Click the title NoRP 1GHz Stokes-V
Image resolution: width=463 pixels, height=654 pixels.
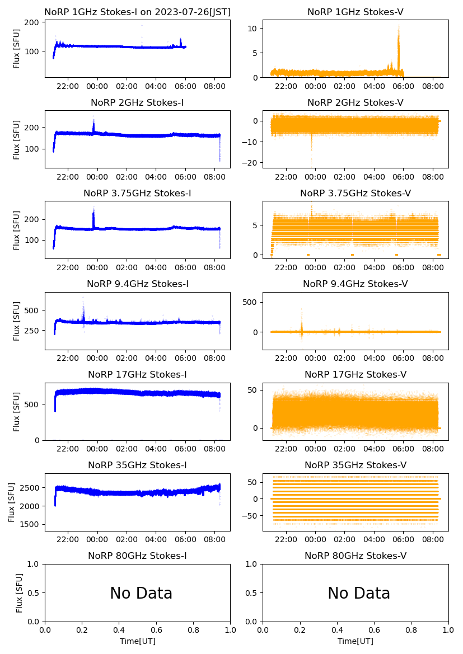[356, 12]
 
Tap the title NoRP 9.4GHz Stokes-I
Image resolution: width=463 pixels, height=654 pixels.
[137, 284]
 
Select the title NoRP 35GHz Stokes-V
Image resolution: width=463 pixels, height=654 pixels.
[356, 465]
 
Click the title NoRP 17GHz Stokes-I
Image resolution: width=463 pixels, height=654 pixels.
[137, 375]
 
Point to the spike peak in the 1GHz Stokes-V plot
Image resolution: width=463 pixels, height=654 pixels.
[399, 26]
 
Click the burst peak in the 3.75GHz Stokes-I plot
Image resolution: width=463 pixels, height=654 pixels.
[93, 208]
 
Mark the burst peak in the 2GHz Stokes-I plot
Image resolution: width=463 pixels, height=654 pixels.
[93, 117]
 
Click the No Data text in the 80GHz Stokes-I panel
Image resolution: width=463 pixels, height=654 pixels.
[141, 594]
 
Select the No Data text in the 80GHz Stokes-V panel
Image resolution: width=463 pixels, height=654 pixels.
[359, 594]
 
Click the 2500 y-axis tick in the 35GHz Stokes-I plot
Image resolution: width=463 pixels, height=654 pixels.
[31, 488]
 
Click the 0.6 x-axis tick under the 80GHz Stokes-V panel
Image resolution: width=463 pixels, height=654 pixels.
[374, 631]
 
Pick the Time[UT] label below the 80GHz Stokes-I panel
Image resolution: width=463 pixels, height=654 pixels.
[137, 641]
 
